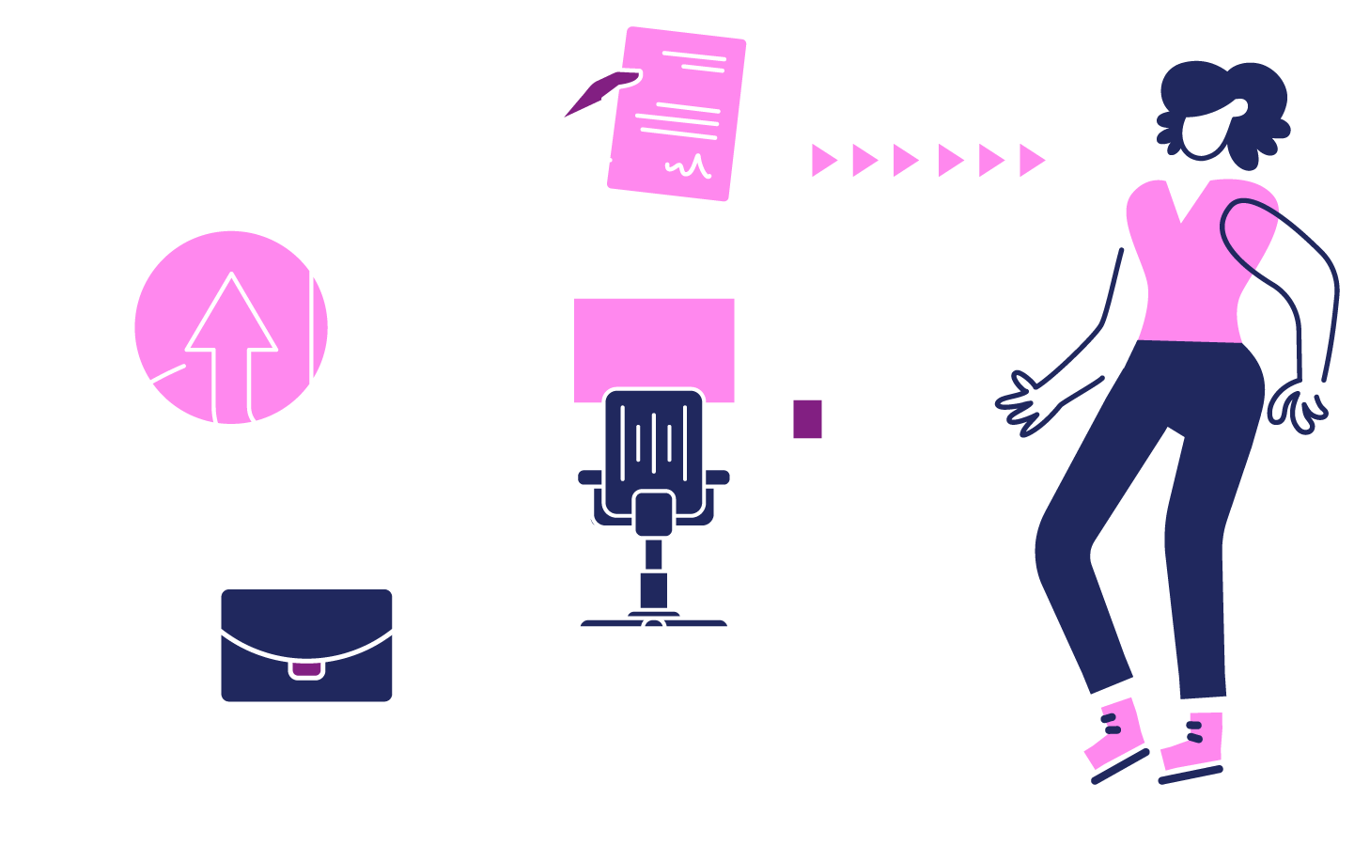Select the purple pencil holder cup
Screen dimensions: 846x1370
click(807, 418)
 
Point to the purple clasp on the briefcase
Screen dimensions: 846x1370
click(306, 669)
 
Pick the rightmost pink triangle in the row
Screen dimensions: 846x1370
click(1031, 161)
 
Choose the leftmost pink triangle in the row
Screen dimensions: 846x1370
click(823, 161)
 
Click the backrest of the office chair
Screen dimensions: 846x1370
click(654, 437)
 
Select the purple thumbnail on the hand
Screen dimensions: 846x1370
click(592, 94)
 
